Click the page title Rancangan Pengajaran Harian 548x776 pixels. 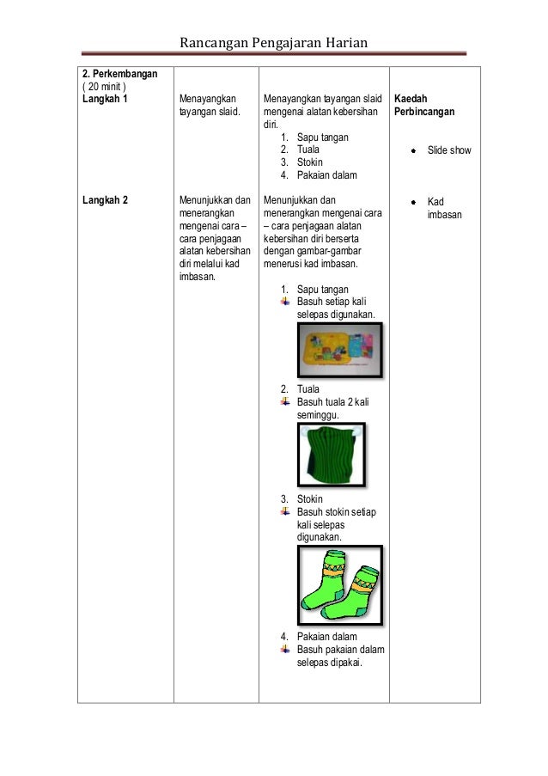pos(275,42)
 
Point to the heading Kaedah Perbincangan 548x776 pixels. pos(423,106)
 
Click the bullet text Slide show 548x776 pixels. pos(448,150)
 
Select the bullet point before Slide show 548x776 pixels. pos(413,150)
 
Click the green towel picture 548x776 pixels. pos(326,455)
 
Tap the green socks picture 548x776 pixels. pos(340,581)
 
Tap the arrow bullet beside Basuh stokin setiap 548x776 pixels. pos(286,512)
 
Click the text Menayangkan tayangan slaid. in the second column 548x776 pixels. pos(210,106)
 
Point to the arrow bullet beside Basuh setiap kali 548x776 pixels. pos(286,302)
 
